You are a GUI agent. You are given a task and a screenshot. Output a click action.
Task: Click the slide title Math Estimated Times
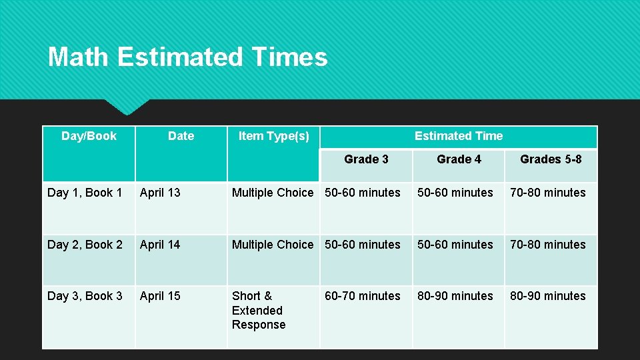[x=187, y=57]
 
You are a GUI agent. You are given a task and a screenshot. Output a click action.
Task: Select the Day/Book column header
[x=89, y=136]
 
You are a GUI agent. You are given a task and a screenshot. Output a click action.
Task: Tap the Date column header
[x=181, y=136]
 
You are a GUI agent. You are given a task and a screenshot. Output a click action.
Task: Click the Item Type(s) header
[x=273, y=136]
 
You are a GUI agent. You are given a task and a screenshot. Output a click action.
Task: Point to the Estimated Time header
[x=459, y=136]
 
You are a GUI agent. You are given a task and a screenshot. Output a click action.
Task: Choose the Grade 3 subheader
[x=366, y=159]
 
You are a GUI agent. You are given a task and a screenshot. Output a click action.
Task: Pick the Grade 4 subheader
[x=459, y=159]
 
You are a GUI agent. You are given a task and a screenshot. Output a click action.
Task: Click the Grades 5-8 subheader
[x=551, y=159]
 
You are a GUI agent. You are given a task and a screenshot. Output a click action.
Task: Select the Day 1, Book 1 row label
[x=85, y=193]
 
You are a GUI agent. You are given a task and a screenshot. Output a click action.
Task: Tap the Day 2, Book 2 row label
[x=85, y=245]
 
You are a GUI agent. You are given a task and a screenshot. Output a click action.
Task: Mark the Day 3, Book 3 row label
[x=85, y=296]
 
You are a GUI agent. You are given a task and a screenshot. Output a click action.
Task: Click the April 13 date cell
[x=160, y=193]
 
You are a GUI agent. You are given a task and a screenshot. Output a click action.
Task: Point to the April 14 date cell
[x=160, y=245]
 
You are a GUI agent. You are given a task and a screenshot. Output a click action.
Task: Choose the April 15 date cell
[x=160, y=296]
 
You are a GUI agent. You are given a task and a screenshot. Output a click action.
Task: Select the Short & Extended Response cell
[x=259, y=311]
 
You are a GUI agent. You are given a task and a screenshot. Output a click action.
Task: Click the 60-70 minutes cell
[x=363, y=296]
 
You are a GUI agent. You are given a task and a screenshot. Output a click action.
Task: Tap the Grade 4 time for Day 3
[x=455, y=296]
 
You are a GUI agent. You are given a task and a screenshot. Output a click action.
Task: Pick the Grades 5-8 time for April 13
[x=548, y=193]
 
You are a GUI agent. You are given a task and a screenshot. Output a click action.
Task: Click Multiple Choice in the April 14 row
[x=272, y=245]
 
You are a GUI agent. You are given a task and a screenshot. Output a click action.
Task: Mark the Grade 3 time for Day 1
[x=363, y=193]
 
